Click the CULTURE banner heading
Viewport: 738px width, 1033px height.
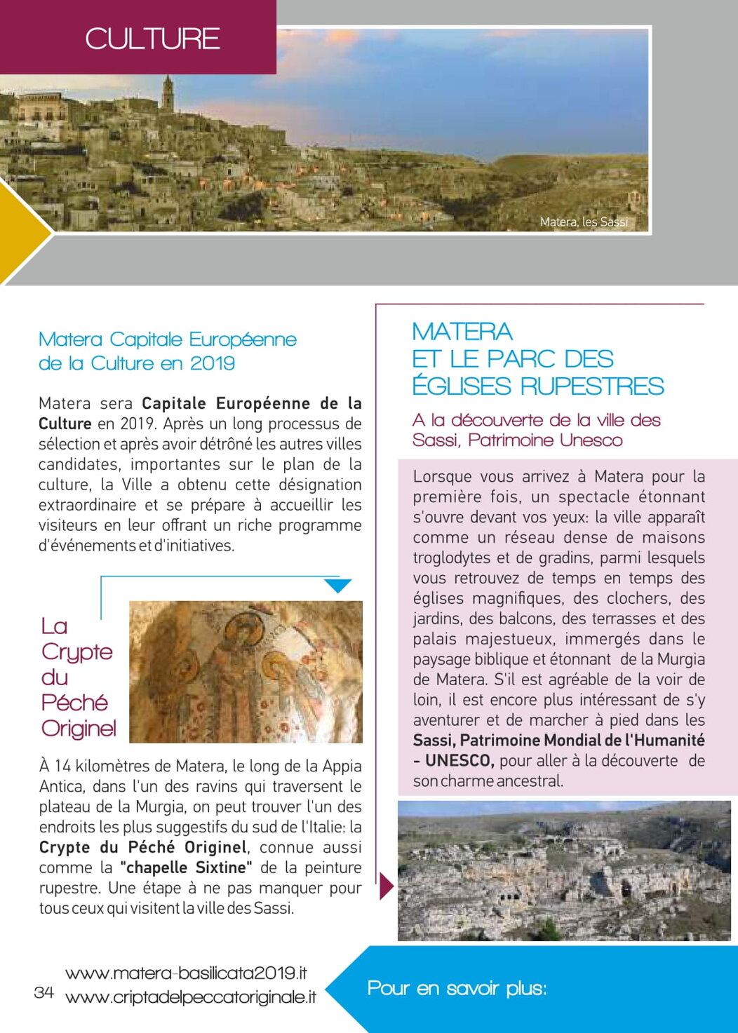(x=152, y=39)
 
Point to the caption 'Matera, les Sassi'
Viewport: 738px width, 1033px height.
(x=584, y=222)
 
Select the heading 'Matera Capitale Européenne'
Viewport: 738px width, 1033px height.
(x=168, y=339)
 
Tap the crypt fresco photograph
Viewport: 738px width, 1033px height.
(x=246, y=671)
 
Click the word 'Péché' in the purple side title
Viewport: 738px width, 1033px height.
(x=74, y=702)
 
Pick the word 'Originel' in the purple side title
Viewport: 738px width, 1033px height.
(x=79, y=728)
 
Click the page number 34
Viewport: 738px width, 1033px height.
(x=43, y=992)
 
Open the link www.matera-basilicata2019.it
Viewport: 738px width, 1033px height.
(x=186, y=973)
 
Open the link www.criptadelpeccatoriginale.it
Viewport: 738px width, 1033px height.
(x=190, y=997)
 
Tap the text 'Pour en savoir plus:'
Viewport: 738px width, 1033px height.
(x=457, y=988)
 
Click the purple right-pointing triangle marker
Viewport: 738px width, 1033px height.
(x=386, y=886)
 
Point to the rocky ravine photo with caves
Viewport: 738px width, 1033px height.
(x=564, y=870)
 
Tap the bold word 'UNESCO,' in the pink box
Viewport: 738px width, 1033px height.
(x=459, y=760)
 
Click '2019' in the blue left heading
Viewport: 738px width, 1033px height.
(x=213, y=363)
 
